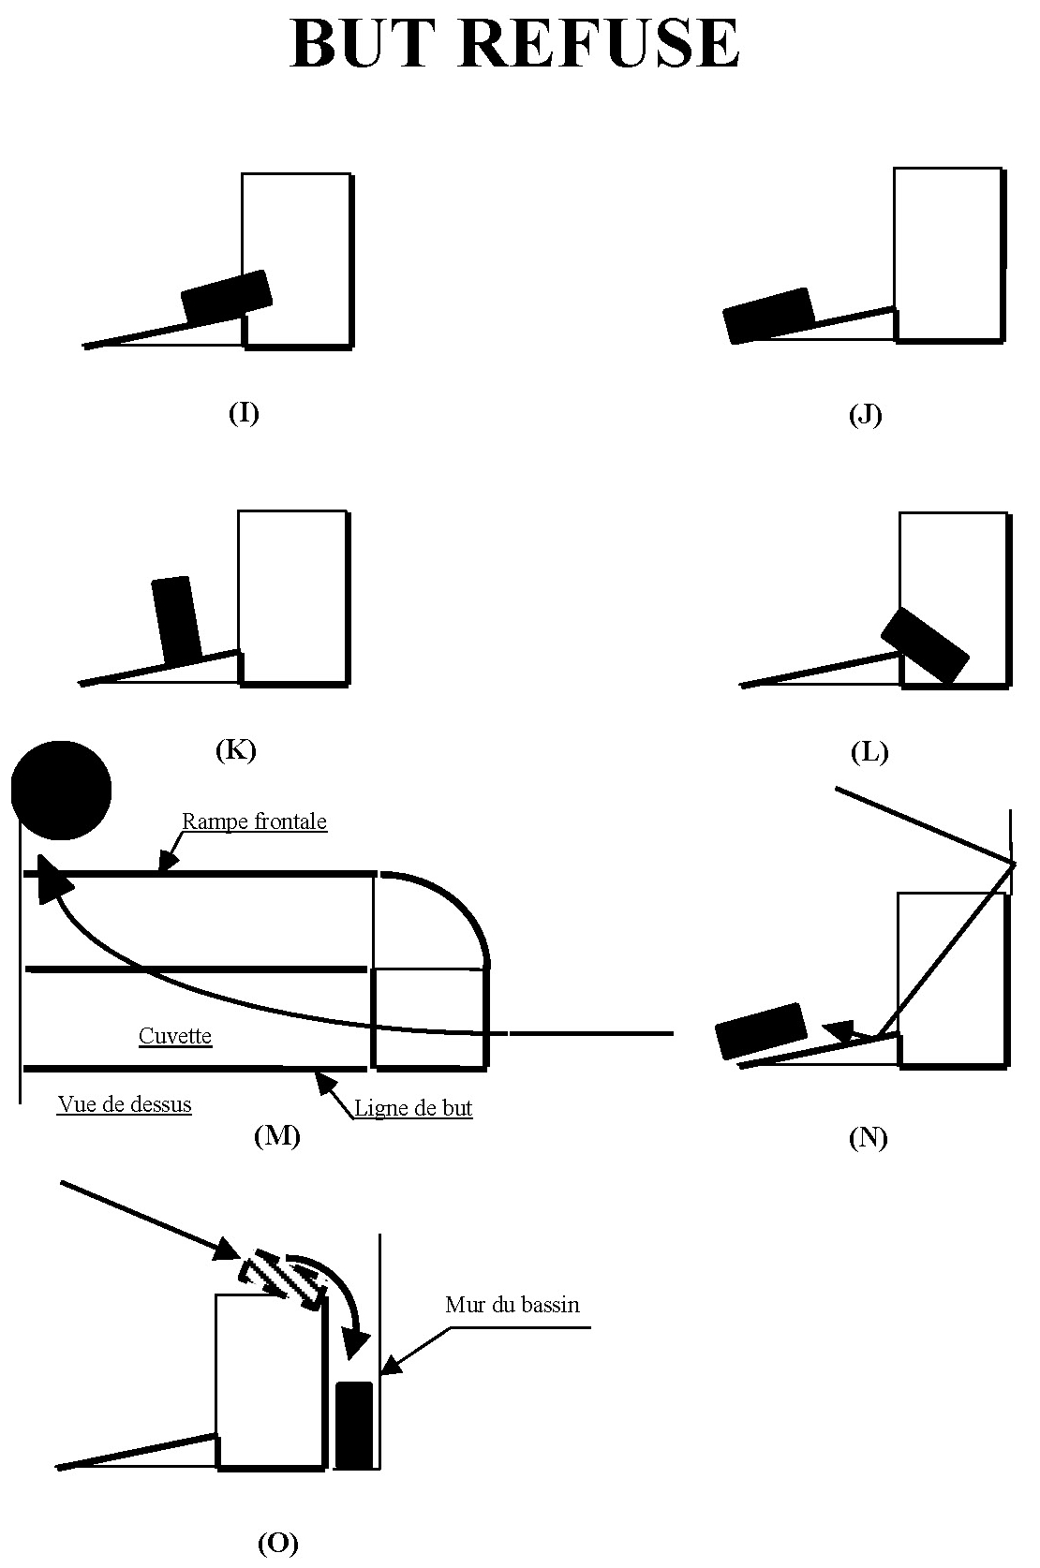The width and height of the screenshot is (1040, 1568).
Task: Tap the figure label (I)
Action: [x=244, y=413]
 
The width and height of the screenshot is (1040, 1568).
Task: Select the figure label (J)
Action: [x=865, y=415]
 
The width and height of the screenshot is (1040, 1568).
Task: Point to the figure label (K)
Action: [x=235, y=749]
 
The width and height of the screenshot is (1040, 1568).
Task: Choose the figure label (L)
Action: [x=869, y=752]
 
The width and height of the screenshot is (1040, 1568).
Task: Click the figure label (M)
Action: [x=276, y=1136]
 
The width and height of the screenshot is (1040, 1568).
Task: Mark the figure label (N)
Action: [x=868, y=1138]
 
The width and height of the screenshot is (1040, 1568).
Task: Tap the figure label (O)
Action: [x=277, y=1544]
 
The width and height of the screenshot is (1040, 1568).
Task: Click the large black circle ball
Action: [x=62, y=790]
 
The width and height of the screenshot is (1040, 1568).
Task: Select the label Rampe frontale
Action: [x=254, y=821]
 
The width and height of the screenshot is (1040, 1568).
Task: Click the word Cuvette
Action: [x=175, y=1036]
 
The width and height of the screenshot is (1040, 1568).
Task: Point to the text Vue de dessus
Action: [x=125, y=1104]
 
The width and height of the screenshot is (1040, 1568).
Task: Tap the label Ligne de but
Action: [x=412, y=1109]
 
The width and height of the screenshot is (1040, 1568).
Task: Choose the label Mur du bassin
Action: [x=513, y=1305]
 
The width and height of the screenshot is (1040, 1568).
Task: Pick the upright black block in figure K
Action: [x=176, y=619]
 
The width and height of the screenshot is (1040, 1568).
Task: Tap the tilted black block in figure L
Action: [x=925, y=645]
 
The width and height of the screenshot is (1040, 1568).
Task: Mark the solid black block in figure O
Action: [x=354, y=1425]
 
